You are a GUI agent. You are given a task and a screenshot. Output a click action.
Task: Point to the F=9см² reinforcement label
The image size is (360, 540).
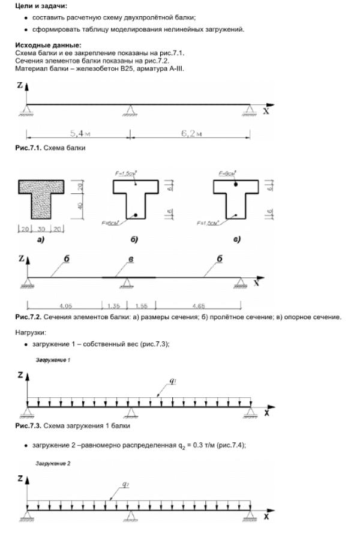[227, 173]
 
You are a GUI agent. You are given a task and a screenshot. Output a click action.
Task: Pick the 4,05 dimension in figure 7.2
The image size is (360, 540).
[64, 305]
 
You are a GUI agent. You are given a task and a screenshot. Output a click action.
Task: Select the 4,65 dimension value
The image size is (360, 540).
[199, 305]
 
